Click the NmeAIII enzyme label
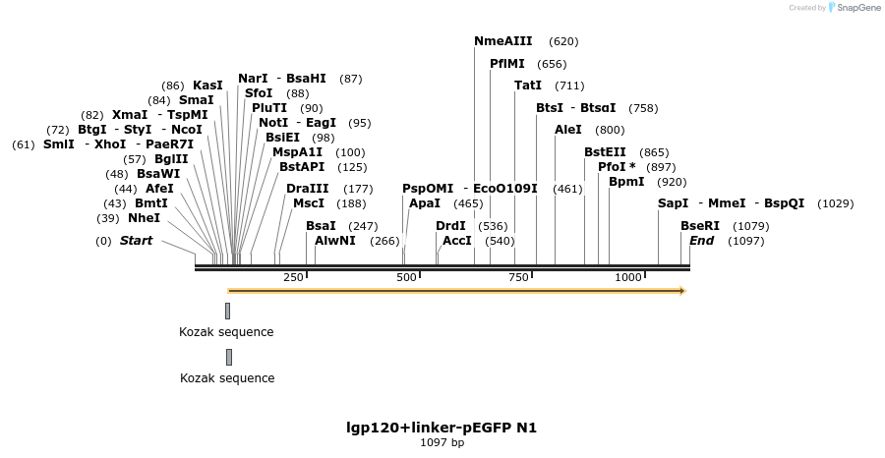(x=502, y=41)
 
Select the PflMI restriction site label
(x=507, y=64)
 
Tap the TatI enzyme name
(x=528, y=86)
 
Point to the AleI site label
(x=568, y=130)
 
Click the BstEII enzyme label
(x=605, y=152)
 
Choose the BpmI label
(x=626, y=182)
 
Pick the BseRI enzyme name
(x=700, y=226)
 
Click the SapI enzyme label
(x=674, y=203)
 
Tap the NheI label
(x=144, y=218)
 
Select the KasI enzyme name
(x=207, y=86)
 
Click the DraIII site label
(x=308, y=189)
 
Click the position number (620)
(x=563, y=41)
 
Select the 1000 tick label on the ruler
(x=628, y=278)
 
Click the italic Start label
(x=136, y=241)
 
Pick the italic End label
(x=701, y=241)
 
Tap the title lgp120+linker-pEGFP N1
(x=442, y=428)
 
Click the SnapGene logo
(x=854, y=8)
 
